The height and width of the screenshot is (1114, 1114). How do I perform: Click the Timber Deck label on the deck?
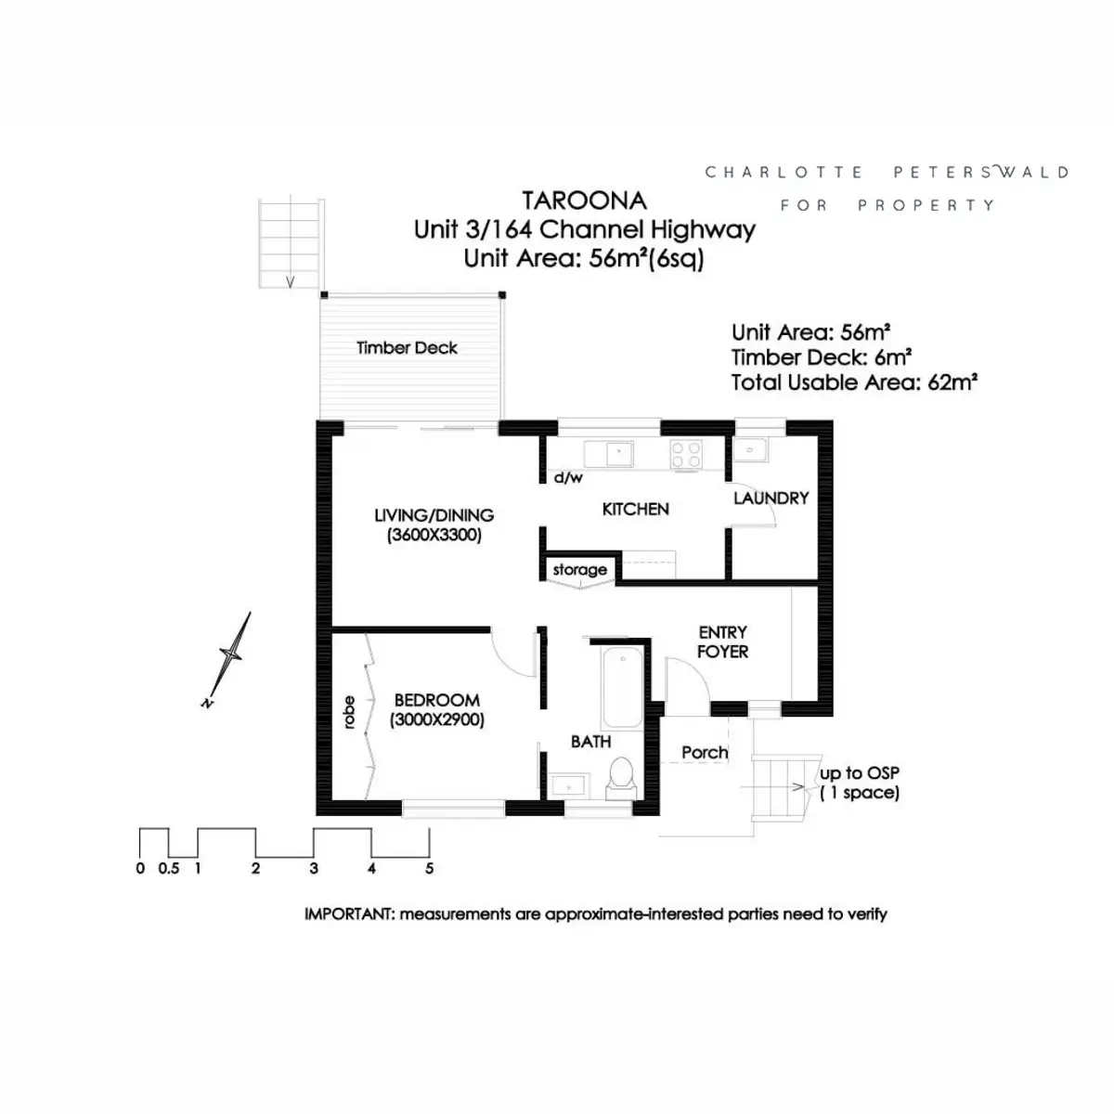point(407,348)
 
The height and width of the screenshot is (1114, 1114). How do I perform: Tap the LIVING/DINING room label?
point(434,515)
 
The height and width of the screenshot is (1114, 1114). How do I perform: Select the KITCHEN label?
point(635,509)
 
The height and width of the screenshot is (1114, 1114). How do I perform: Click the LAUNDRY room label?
point(771,499)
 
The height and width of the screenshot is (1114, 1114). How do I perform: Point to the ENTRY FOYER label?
point(722,641)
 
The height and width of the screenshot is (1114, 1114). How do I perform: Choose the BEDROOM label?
point(436,700)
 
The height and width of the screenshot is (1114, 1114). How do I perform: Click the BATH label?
point(590,742)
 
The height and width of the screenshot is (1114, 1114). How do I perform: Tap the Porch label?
point(705,752)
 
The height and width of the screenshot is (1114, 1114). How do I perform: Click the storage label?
point(579,569)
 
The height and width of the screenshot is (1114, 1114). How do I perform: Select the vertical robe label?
point(349,712)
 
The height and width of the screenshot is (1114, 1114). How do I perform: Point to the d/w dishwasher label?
point(568,478)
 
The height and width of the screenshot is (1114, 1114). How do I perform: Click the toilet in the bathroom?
point(619,777)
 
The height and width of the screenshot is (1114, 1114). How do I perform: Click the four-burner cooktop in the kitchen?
point(686,454)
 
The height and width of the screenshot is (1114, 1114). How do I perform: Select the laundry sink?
point(749,450)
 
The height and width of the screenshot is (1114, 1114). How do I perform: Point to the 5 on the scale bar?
point(429,869)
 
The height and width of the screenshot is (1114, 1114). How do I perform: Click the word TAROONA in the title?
point(584,201)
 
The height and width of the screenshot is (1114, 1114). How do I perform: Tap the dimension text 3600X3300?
point(434,535)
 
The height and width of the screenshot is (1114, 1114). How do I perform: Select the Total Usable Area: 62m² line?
point(853,382)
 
